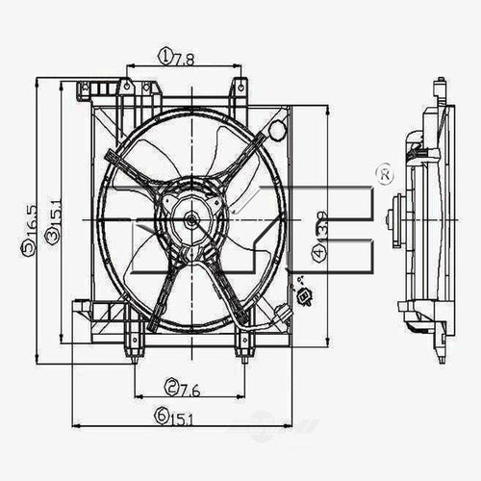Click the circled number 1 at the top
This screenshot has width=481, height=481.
(165, 58)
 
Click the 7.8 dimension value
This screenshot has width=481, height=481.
(184, 58)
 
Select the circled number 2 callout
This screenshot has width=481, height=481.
(170, 389)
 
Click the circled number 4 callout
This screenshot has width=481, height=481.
(317, 254)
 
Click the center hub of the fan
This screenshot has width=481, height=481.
(190, 219)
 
